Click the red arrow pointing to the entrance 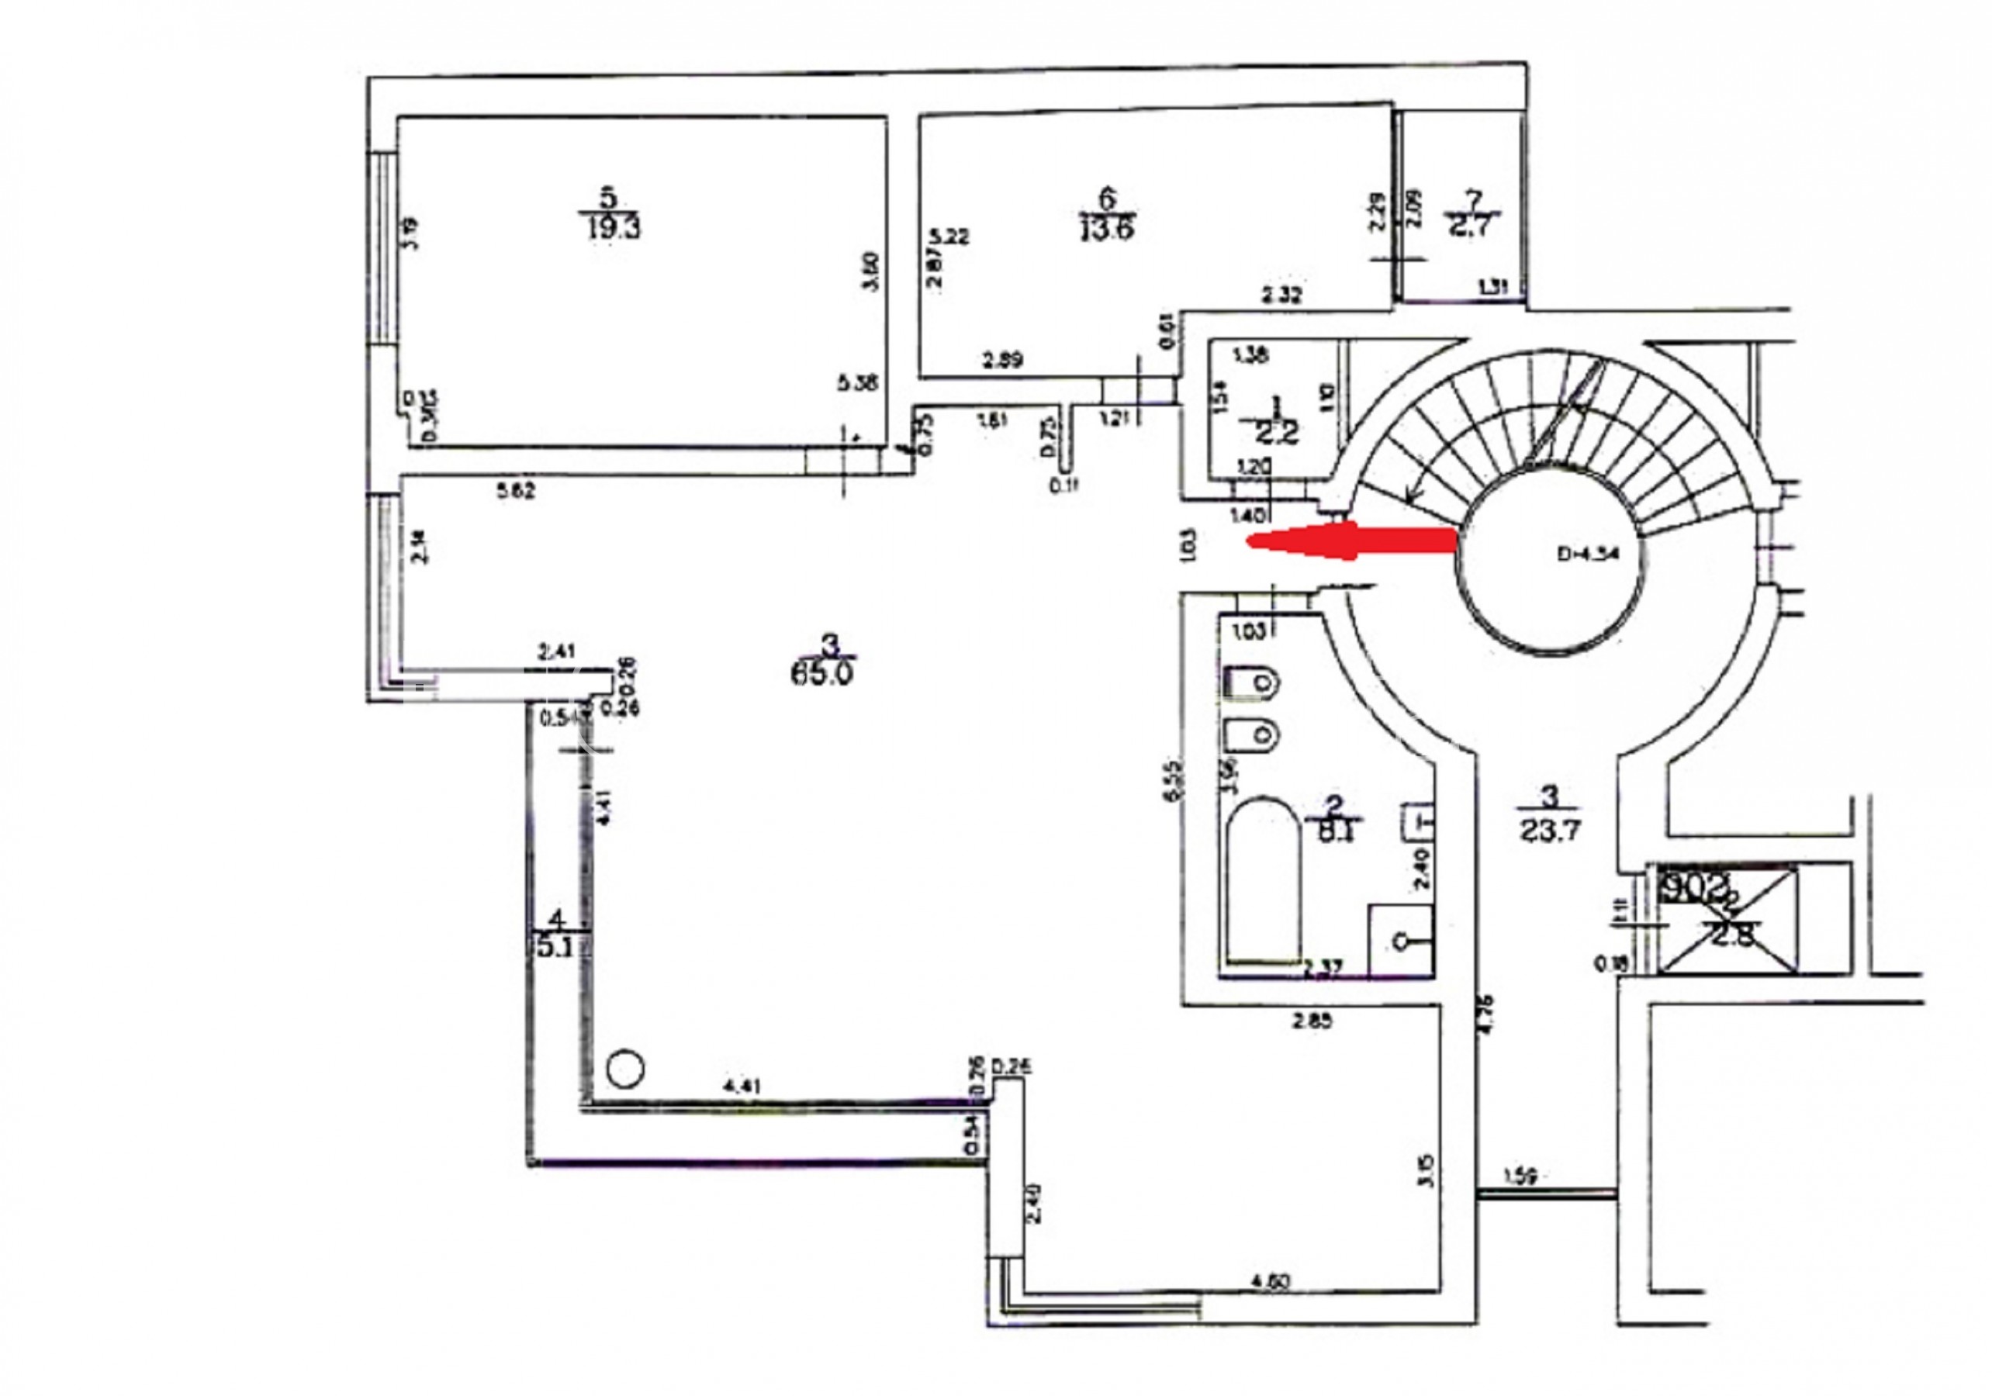pyautogui.click(x=1354, y=541)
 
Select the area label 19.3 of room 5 pyautogui.click(x=612, y=228)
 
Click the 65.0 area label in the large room pyautogui.click(x=821, y=672)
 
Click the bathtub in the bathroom pyautogui.click(x=1263, y=880)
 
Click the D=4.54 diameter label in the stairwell pyautogui.click(x=1588, y=555)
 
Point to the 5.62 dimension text pyautogui.click(x=515, y=491)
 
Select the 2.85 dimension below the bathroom pyautogui.click(x=1312, y=1021)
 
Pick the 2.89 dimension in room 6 pyautogui.click(x=1003, y=358)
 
